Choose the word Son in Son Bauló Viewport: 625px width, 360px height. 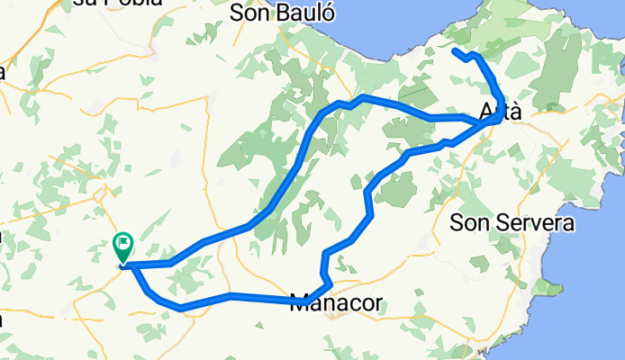pos(249,13)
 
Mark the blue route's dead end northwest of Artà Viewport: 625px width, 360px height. pos(454,51)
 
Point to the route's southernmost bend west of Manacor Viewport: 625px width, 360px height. pos(182,308)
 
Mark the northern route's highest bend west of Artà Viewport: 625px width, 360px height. pos(362,96)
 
